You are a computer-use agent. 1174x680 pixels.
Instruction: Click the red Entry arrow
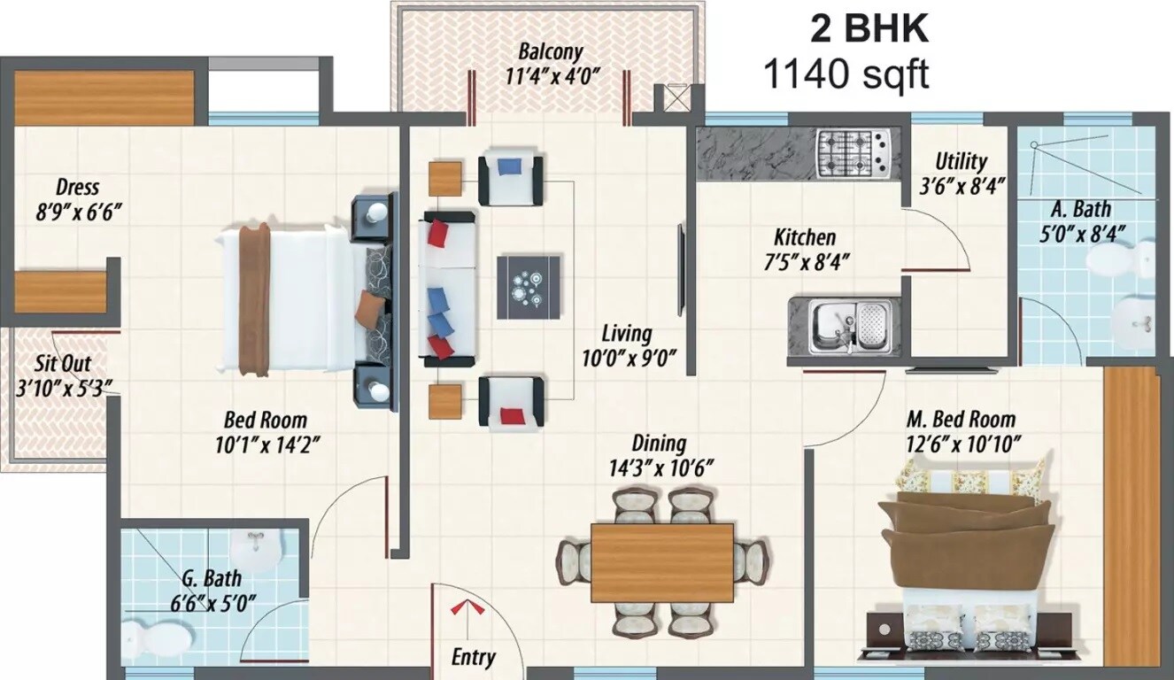[463, 609]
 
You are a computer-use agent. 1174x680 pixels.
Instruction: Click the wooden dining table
[662, 562]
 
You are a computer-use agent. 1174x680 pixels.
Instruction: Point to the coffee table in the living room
[529, 287]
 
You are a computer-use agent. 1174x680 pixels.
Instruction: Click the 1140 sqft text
[846, 75]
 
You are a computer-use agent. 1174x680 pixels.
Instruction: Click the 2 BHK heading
[869, 28]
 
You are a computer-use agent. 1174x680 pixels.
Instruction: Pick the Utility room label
[961, 162]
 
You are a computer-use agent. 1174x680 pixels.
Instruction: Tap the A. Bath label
[1080, 210]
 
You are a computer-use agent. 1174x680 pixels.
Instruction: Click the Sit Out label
[62, 364]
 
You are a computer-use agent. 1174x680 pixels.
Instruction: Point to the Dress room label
[77, 188]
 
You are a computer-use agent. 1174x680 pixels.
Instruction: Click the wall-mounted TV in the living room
[681, 270]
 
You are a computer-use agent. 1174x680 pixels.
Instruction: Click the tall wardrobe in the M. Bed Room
[1132, 514]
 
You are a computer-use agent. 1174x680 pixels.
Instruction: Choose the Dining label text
[658, 443]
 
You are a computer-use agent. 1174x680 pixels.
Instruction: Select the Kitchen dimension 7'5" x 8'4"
[805, 261]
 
